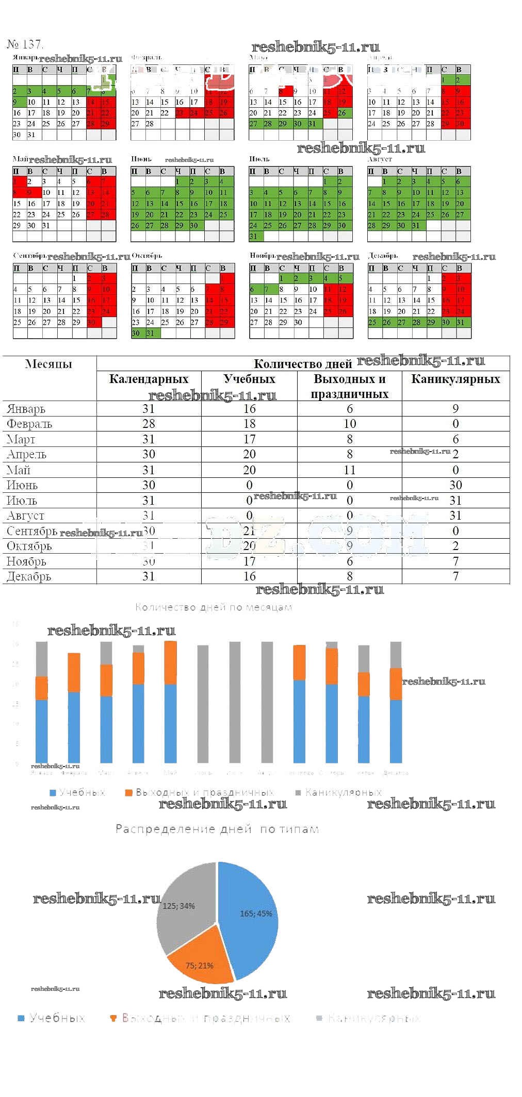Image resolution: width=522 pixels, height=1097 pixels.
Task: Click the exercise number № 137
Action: (25, 44)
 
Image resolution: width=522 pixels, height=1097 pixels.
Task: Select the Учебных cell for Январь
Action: (249, 409)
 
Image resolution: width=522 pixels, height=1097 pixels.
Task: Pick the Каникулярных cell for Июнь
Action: (455, 485)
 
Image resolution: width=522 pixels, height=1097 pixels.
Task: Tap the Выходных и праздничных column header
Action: (350, 386)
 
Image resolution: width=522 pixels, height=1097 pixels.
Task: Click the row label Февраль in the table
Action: (29, 424)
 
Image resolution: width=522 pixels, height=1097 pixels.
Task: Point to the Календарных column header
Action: (149, 379)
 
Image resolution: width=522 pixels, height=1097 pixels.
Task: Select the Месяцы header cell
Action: (48, 364)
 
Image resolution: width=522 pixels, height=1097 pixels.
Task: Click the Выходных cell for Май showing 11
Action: (350, 470)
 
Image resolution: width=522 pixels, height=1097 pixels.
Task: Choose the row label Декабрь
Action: (29, 576)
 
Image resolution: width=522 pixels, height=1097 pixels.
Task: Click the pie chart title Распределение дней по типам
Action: (217, 829)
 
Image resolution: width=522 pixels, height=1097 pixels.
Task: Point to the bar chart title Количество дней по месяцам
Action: (214, 607)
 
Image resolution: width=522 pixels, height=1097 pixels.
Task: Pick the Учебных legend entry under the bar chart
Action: (77, 792)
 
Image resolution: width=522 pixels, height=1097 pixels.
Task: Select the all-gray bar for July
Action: (235, 702)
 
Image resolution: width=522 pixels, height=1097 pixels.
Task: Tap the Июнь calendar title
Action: (141, 159)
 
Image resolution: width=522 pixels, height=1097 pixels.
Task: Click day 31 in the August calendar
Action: (416, 226)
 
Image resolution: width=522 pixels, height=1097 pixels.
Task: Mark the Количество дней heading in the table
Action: (303, 364)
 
